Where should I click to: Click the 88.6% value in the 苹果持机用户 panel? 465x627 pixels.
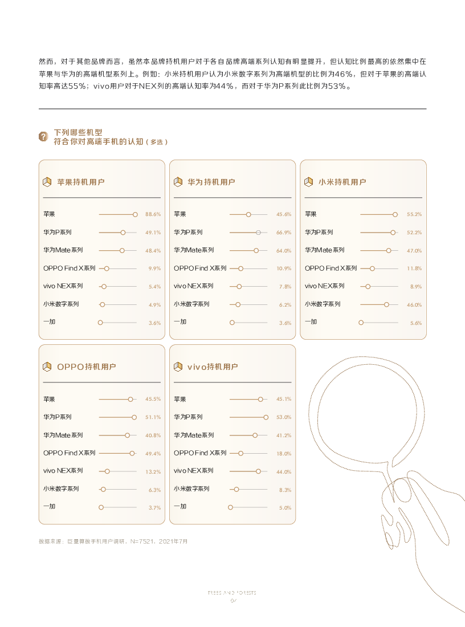click(153, 214)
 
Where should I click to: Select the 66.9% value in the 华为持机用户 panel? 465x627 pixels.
click(284, 233)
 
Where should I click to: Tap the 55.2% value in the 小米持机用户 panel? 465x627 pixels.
click(414, 214)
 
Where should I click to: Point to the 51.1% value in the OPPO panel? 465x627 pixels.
click(153, 417)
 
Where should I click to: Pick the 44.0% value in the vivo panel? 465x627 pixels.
click(284, 472)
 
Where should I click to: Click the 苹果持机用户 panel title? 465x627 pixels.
click(80, 182)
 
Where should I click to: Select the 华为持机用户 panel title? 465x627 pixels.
click(211, 182)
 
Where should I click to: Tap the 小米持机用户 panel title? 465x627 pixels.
click(342, 182)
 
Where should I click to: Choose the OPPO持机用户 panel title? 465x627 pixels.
click(86, 367)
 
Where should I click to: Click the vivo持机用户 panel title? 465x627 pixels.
click(213, 367)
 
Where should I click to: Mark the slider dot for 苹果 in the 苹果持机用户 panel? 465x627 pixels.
click(135, 214)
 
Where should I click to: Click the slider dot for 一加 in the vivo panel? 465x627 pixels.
click(231, 507)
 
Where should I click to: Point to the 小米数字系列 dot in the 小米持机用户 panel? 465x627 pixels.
click(386, 304)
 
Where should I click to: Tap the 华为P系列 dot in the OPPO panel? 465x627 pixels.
click(134, 417)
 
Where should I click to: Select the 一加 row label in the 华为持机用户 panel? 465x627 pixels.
click(180, 322)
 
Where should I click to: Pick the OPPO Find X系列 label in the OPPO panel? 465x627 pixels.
click(70, 453)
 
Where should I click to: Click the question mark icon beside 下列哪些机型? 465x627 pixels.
click(43, 137)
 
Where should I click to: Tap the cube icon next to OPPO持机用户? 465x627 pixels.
click(47, 367)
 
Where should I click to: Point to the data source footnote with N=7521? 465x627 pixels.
click(113, 541)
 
